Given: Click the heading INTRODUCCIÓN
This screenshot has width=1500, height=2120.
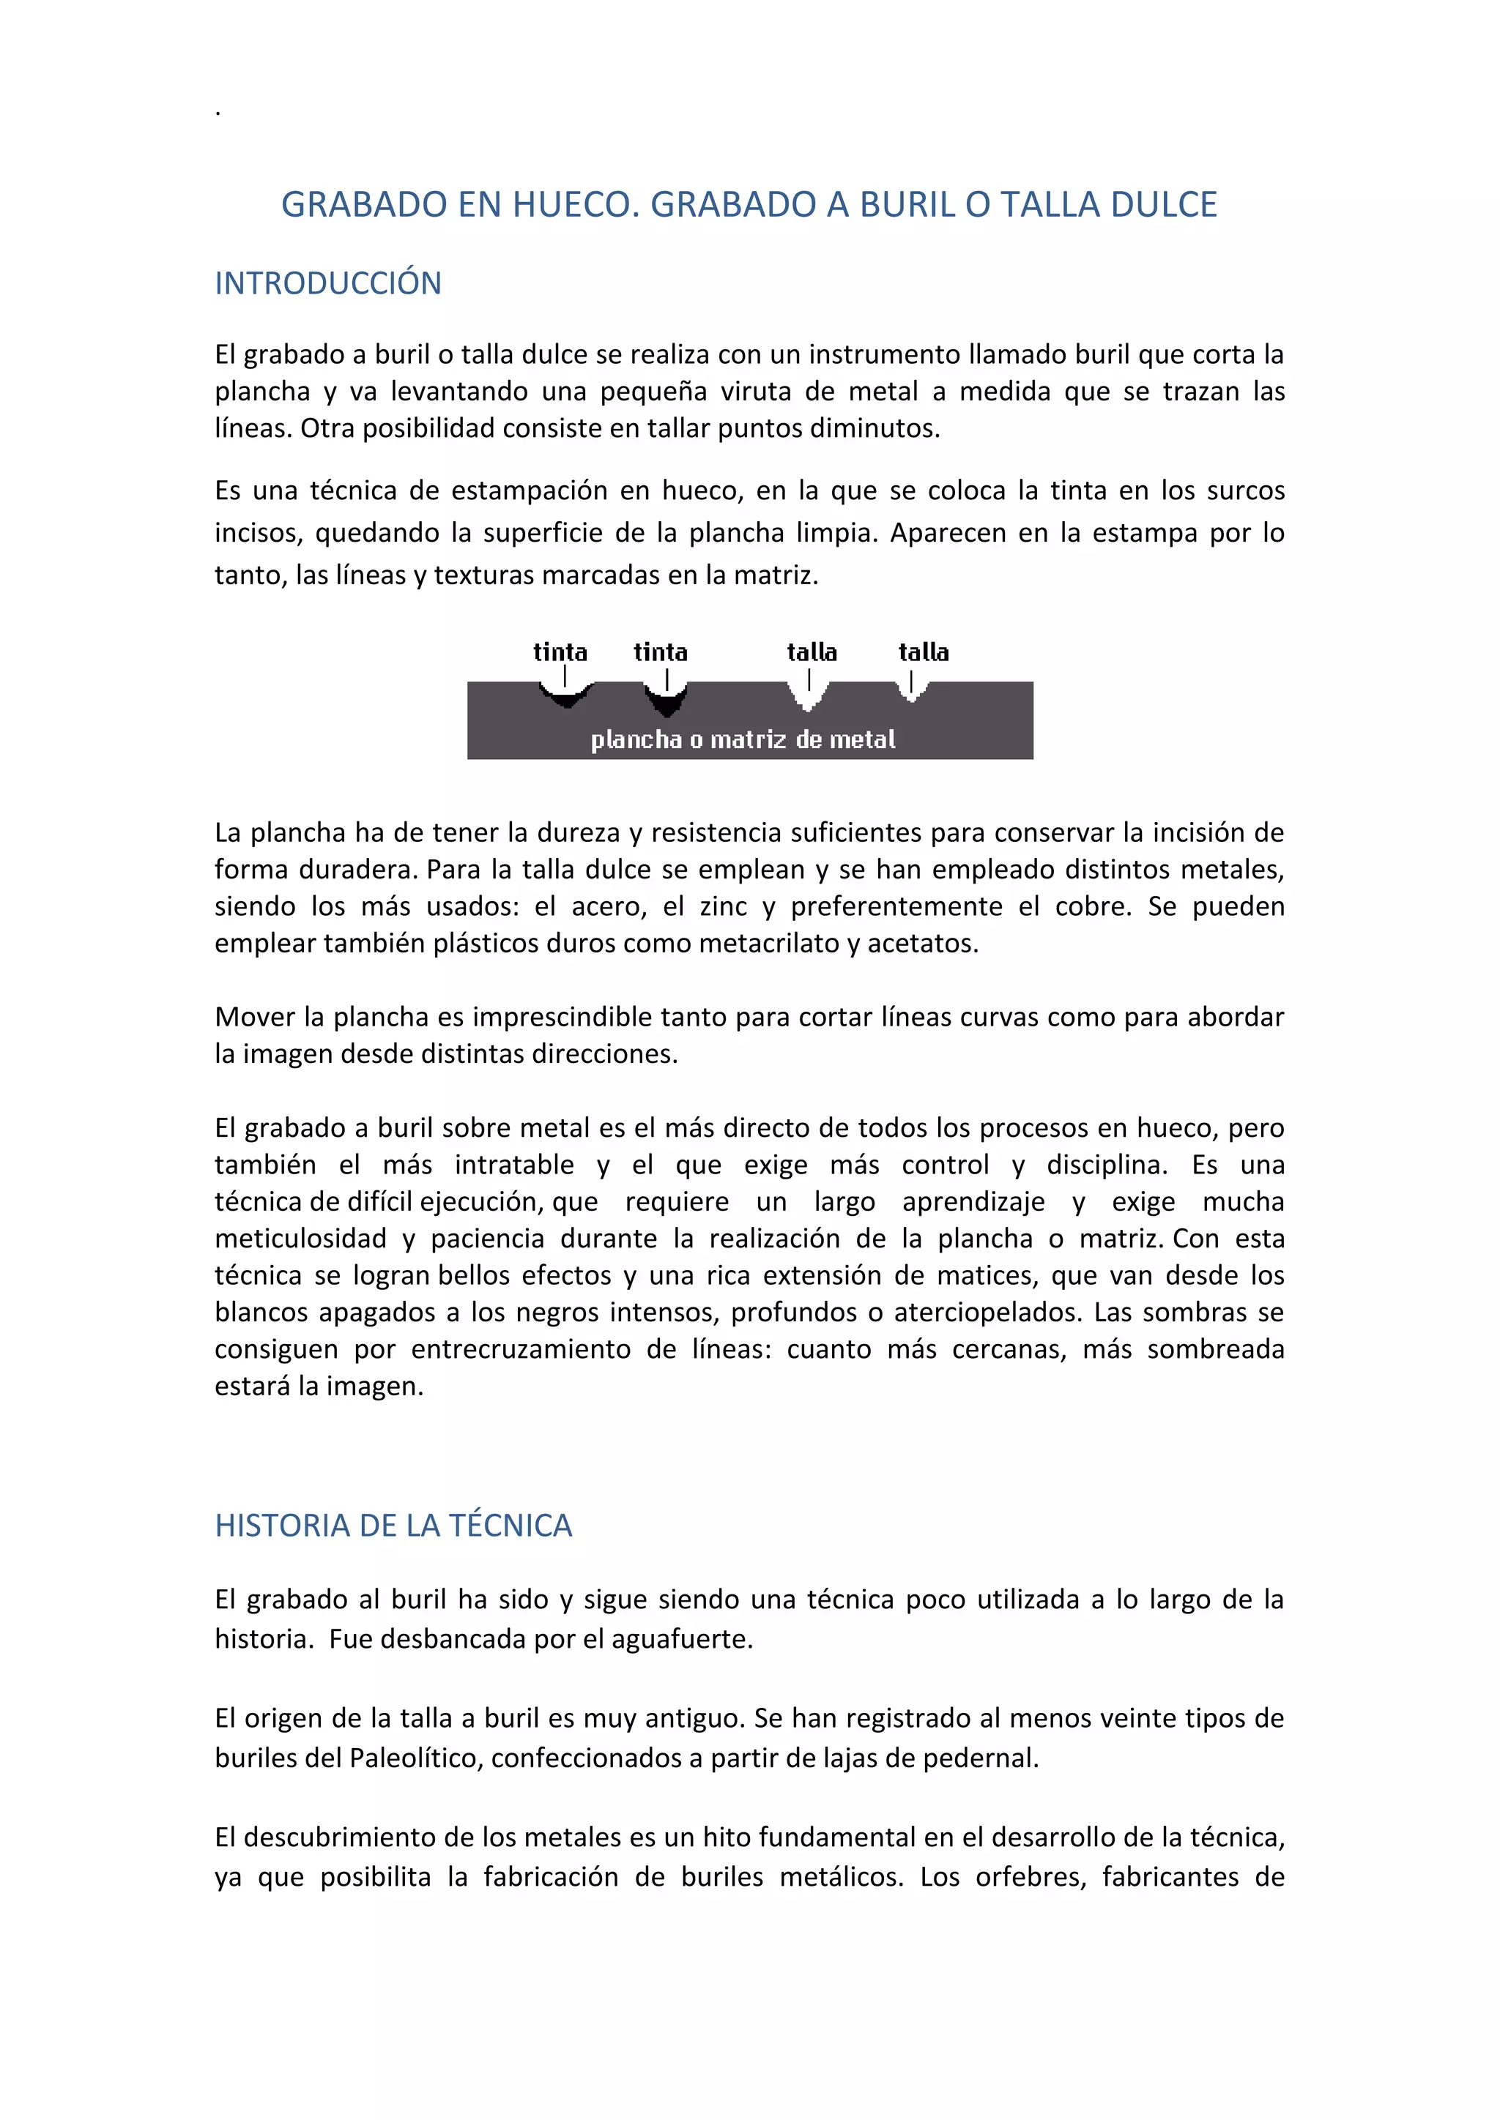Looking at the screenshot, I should point(328,283).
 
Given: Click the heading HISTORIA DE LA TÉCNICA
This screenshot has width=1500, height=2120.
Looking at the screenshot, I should point(393,1526).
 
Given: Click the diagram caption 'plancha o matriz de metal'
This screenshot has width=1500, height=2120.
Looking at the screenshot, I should point(743,739).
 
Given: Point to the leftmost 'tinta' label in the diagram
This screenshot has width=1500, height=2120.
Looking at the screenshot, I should point(560,653).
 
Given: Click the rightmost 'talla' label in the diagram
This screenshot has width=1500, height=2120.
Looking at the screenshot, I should point(924,653).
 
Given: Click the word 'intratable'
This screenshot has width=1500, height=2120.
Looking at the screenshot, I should point(513,1165).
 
